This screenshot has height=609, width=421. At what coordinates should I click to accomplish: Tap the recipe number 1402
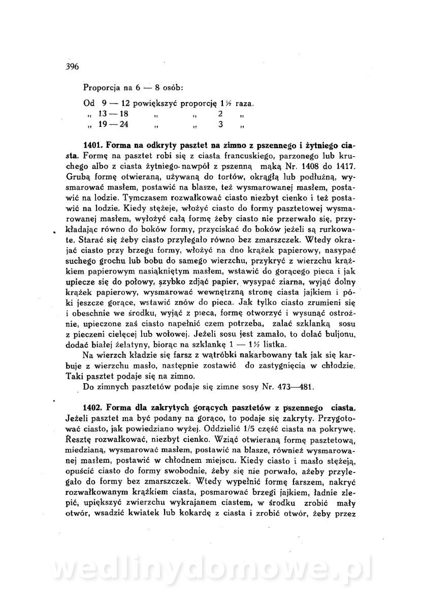(95, 408)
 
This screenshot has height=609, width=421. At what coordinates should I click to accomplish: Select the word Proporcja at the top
(102, 87)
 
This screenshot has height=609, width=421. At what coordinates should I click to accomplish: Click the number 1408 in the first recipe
(286, 165)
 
